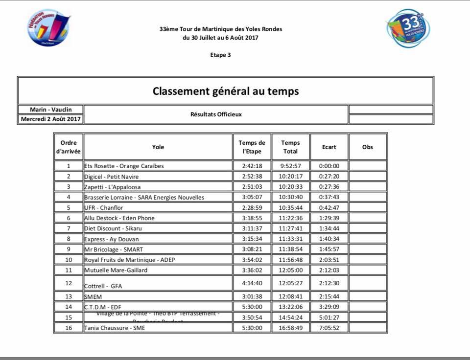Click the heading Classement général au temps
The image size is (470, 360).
tap(225, 91)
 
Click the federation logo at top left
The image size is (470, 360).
tap(48, 27)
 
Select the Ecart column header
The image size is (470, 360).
tap(329, 147)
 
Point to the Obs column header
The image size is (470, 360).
tap(367, 147)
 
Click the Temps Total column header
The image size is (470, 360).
tap(290, 147)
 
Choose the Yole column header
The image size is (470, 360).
tap(158, 147)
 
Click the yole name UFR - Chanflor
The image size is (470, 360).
tap(104, 208)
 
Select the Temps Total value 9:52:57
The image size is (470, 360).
tap(290, 166)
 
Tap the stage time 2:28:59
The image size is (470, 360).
tap(252, 208)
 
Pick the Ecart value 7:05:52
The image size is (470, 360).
tap(329, 328)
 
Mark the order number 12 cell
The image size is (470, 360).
tap(69, 283)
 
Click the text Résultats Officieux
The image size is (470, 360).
tap(216, 114)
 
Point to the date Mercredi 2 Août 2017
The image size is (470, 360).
tap(51, 119)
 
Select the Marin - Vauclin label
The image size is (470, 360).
tap(51, 110)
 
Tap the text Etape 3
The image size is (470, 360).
tap(220, 55)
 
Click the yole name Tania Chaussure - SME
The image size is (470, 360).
tap(115, 328)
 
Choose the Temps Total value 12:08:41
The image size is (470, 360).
tap(290, 296)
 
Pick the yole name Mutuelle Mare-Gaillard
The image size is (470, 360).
tap(116, 270)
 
